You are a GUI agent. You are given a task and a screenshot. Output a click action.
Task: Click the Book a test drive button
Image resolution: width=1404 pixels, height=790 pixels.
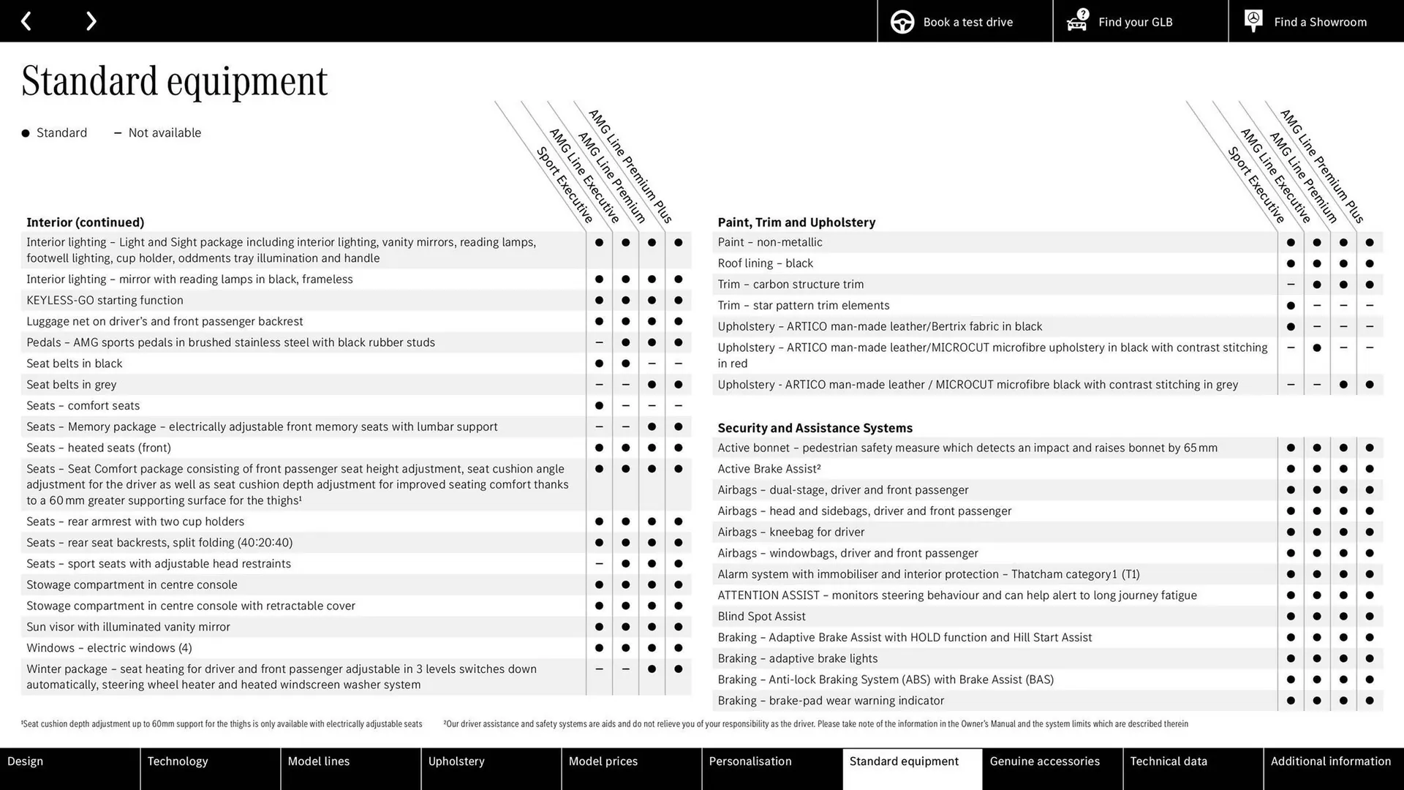[965, 22]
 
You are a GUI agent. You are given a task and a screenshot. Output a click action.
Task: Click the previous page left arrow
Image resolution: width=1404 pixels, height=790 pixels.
[26, 21]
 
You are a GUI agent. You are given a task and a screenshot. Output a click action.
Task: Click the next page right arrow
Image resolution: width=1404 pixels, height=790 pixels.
[91, 21]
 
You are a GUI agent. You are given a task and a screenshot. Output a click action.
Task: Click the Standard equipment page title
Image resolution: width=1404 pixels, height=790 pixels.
[174, 81]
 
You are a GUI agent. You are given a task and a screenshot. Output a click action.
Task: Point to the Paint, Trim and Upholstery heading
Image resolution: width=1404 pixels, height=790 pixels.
[796, 222]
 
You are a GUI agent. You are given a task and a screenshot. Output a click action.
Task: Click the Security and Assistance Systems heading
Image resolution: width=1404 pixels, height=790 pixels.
[815, 428]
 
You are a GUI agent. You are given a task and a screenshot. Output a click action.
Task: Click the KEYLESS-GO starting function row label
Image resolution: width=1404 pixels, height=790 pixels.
[105, 301]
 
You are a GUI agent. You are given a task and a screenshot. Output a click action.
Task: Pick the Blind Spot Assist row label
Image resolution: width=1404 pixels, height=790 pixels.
[761, 617]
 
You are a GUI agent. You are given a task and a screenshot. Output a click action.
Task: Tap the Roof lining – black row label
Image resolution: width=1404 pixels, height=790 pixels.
[765, 263]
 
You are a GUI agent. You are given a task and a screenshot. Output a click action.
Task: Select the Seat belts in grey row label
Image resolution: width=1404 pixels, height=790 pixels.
[71, 385]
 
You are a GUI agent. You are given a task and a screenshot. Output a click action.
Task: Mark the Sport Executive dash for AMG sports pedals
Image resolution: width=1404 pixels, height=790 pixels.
[599, 342]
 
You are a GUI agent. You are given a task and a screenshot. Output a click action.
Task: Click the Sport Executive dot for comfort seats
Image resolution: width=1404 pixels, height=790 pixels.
[599, 405]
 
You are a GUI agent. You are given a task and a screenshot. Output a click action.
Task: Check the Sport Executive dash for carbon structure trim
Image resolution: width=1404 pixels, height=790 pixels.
[1291, 285]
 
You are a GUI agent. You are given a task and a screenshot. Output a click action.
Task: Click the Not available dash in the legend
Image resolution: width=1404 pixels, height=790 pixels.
[118, 133]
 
